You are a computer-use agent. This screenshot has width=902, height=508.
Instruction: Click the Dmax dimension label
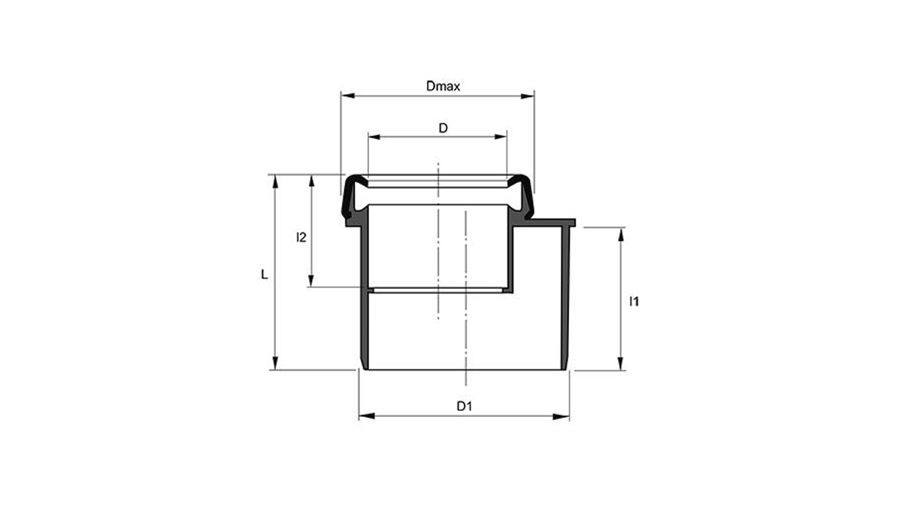coord(443,86)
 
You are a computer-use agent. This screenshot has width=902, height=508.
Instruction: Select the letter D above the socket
coord(443,128)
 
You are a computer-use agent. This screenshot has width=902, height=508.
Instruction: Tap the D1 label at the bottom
coord(465,406)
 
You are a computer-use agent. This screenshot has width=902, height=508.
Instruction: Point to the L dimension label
coord(264,275)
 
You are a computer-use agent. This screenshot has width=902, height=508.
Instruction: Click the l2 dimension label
coord(301,238)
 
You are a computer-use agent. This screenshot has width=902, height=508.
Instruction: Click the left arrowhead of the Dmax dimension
coord(346,96)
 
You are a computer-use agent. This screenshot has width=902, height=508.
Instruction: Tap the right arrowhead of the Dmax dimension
coord(529,96)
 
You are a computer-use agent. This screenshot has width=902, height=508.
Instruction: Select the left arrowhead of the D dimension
coord(373,137)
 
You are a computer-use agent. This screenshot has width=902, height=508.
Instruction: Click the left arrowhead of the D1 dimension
coord(365,416)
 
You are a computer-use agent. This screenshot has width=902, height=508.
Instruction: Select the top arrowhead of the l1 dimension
coord(622,233)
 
